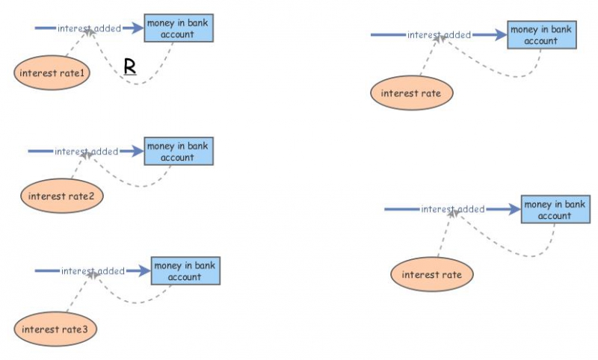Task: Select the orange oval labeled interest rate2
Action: pos(61,196)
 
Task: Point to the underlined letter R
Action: pos(130,66)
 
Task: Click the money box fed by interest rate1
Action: pos(178,28)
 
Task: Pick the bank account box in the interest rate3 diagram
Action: pos(185,271)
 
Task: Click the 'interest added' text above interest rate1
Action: pos(89,28)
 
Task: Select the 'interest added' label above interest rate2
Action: pos(86,152)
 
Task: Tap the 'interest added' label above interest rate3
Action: pos(93,271)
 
